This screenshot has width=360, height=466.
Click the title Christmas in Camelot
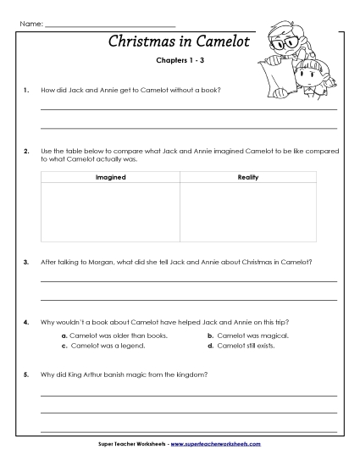point(180,42)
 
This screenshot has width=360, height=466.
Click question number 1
point(27,89)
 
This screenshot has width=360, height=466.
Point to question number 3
point(27,262)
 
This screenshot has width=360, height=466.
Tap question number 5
point(27,374)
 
